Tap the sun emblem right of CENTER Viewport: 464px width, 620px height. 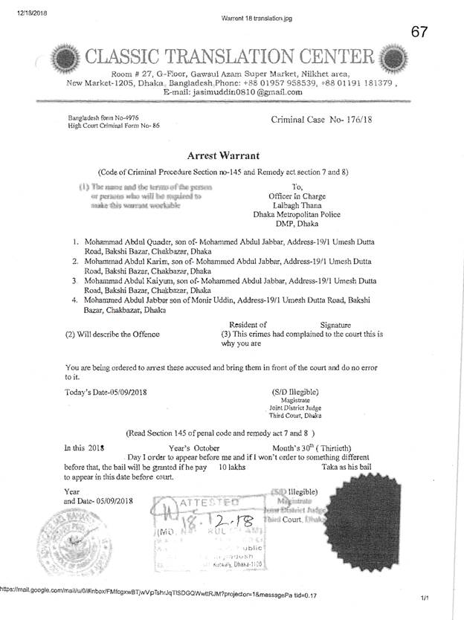click(x=388, y=56)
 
